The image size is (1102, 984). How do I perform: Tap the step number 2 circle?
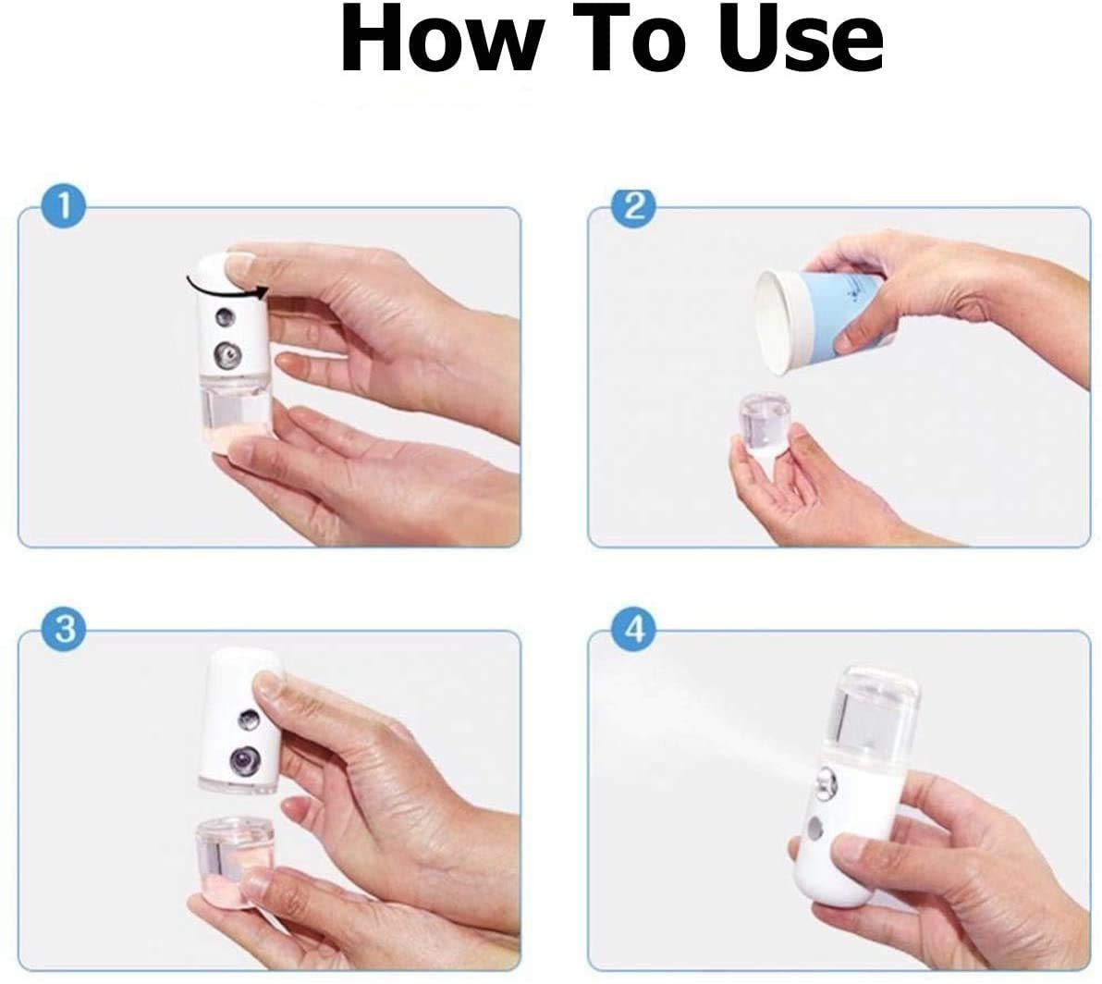point(633,207)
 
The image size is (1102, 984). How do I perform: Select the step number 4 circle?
point(634,631)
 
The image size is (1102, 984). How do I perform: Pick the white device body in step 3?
point(239,721)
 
